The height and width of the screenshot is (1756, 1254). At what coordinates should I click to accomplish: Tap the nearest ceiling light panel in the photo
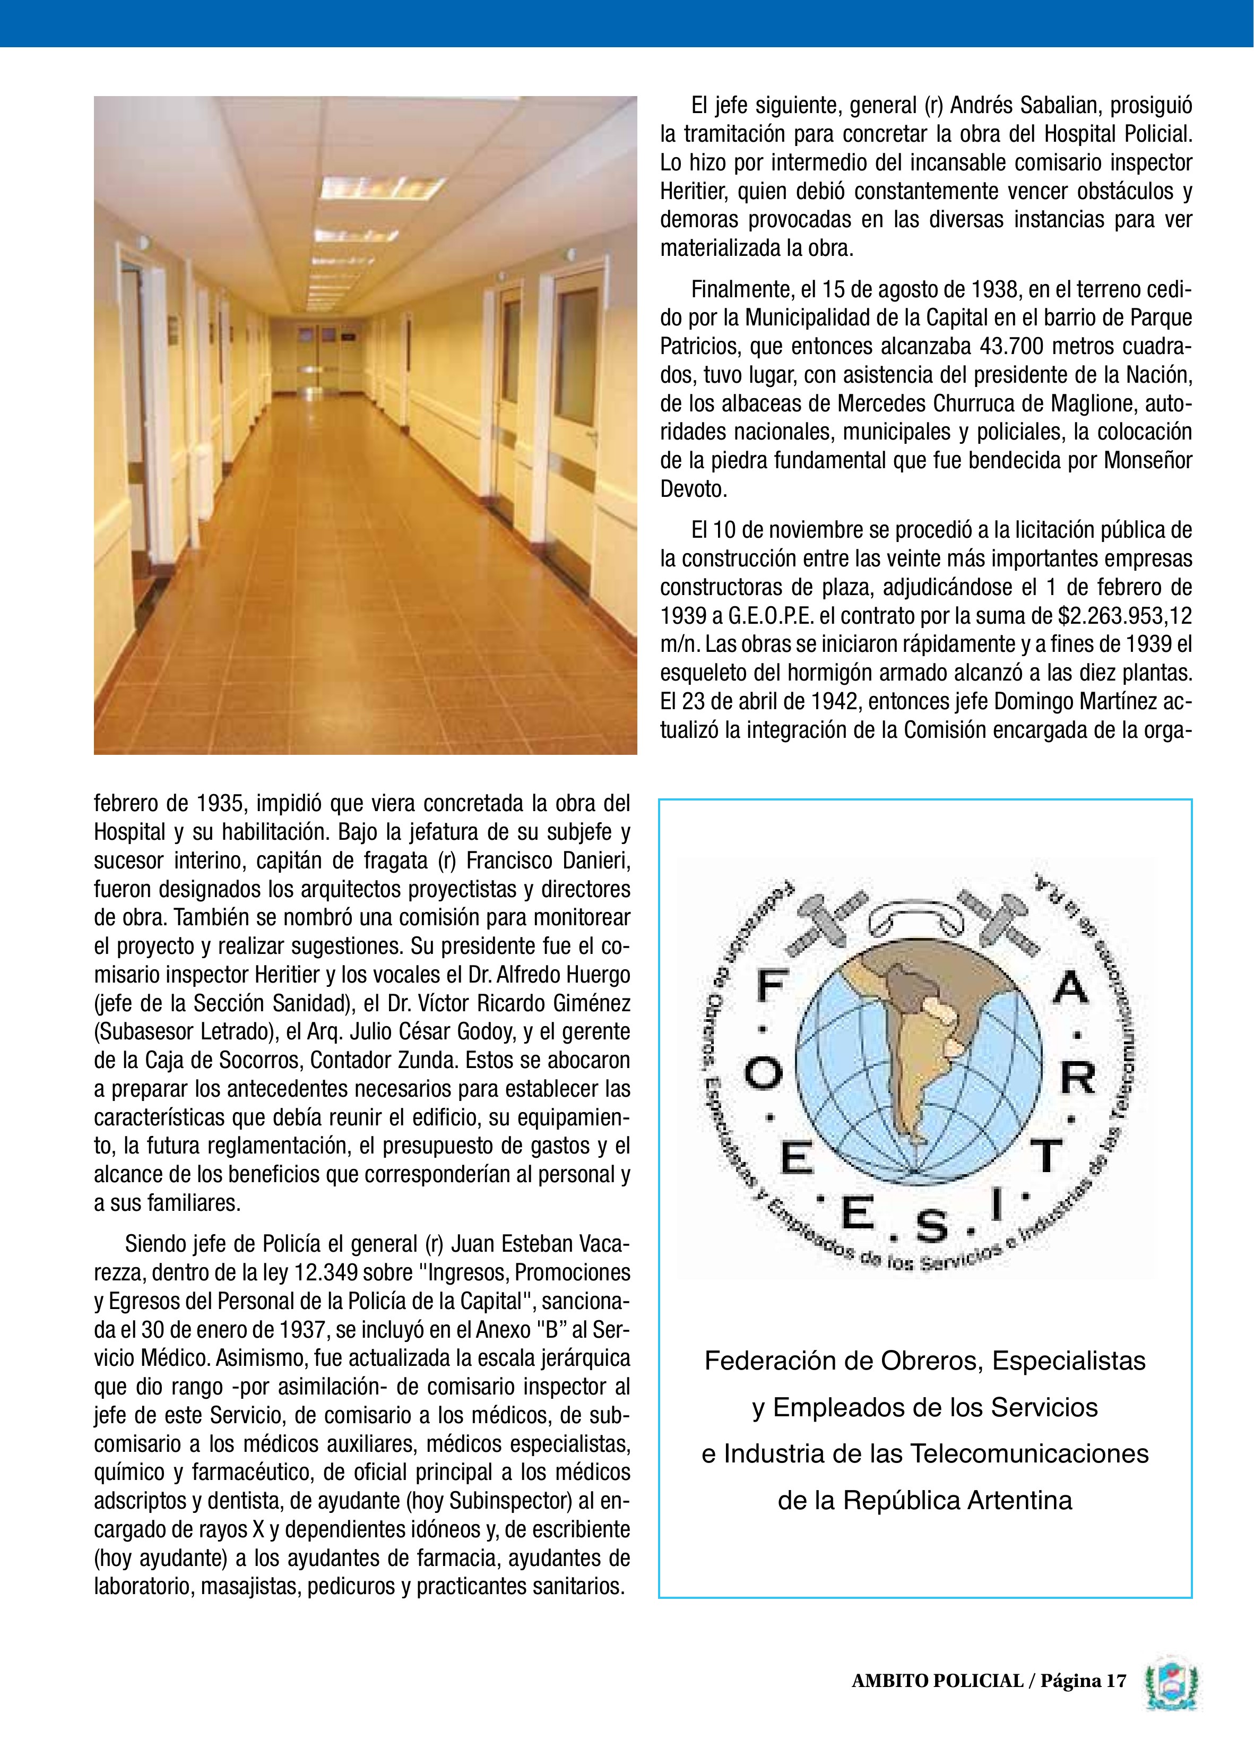pos(382,187)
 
